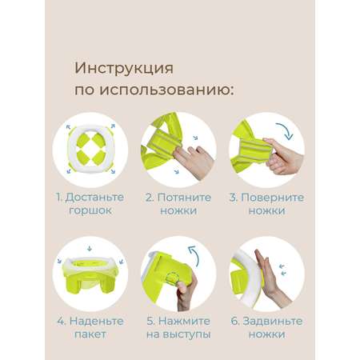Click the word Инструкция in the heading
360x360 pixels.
pyautogui.click(x=124, y=68)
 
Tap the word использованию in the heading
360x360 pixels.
pyautogui.click(x=166, y=90)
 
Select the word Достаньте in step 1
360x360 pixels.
pyautogui.click(x=94, y=198)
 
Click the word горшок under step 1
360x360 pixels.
pyautogui.click(x=90, y=210)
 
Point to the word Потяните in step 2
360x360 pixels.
pyautogui.click(x=185, y=198)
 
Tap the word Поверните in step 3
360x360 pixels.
pyautogui.click(x=273, y=198)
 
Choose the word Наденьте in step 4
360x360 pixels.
pyautogui.click(x=97, y=322)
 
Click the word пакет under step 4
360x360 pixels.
pyautogui.click(x=90, y=334)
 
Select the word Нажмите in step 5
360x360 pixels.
pyautogui.click(x=184, y=321)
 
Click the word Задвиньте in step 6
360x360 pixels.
pyautogui.click(x=273, y=322)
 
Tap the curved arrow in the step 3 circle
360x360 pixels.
pyautogui.click(x=286, y=130)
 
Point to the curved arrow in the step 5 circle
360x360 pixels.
pyautogui.click(x=194, y=254)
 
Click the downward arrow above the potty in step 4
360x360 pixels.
pyautogui.click(x=90, y=248)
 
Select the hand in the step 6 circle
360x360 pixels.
pyautogui.click(x=270, y=278)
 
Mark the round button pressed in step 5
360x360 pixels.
pyautogui.click(x=172, y=278)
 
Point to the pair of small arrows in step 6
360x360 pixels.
pyautogui.click(x=282, y=270)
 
